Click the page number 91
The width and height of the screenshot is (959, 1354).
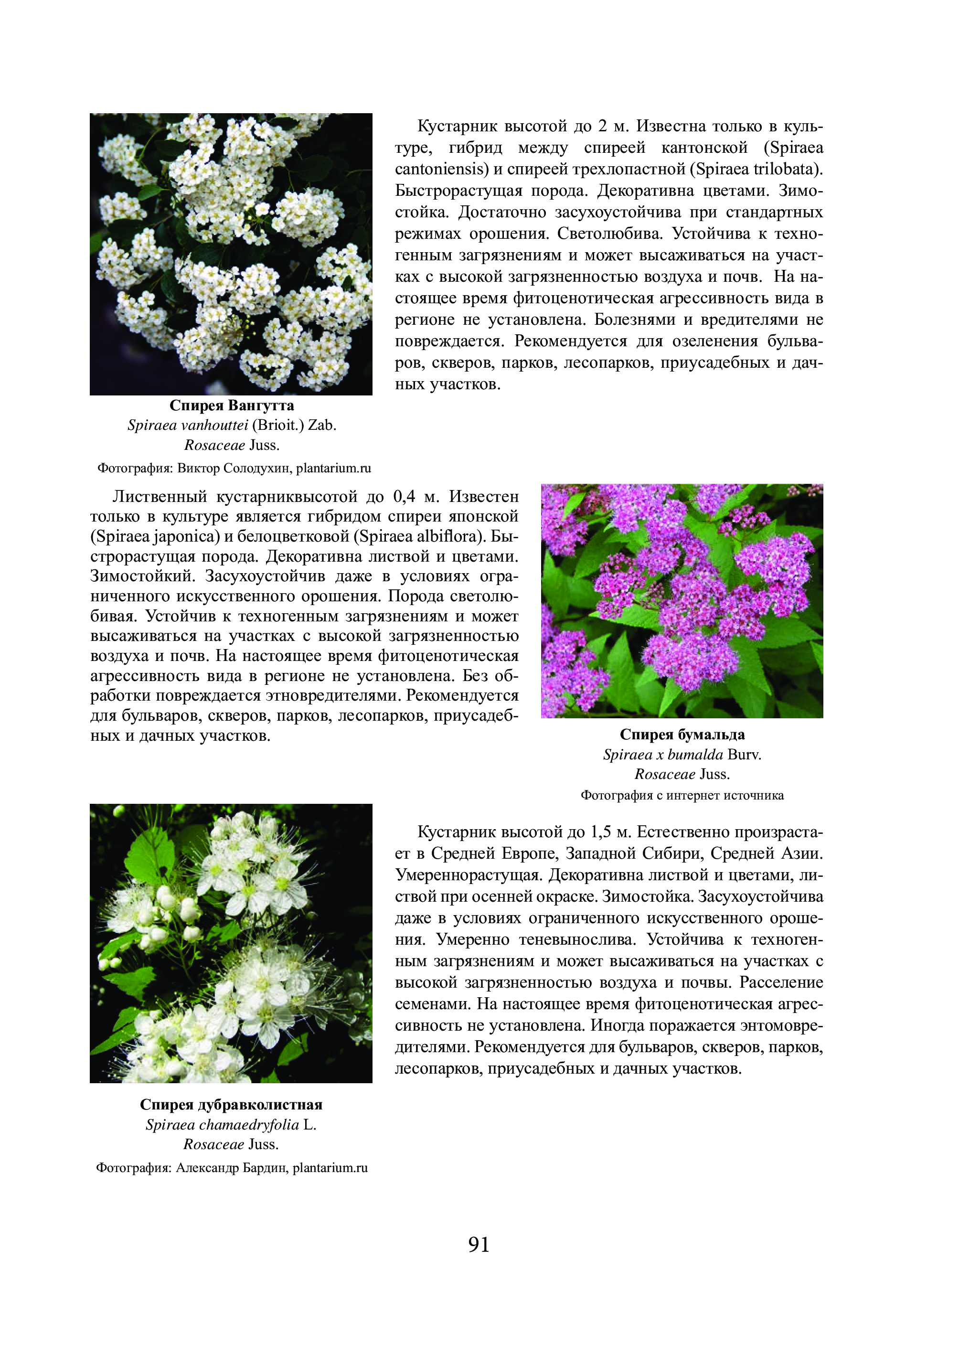pos(479,1244)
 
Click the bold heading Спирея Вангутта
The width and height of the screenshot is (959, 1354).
pos(232,405)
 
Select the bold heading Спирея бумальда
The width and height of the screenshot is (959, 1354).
pos(682,735)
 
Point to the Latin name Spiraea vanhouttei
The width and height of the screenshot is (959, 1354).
pos(188,426)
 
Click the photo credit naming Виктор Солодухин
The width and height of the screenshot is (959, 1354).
pos(234,468)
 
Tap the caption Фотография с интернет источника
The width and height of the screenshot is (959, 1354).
pos(682,795)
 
